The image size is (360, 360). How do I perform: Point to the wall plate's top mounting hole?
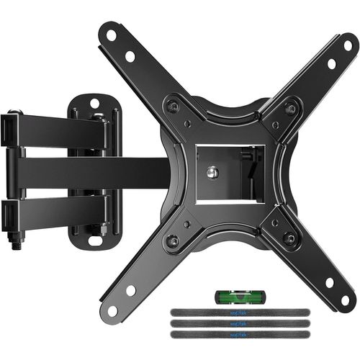(94, 102)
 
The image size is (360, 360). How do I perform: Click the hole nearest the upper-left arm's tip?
(112, 34)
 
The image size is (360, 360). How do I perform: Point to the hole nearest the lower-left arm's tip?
(112, 310)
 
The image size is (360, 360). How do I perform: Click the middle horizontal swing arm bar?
(94, 172)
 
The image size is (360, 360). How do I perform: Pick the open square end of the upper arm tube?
(9, 129)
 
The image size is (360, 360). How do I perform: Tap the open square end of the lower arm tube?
(9, 212)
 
